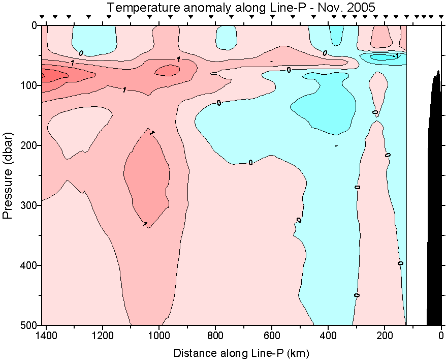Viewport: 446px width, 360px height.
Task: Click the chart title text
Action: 241,8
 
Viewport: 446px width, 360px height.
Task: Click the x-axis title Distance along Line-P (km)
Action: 241,352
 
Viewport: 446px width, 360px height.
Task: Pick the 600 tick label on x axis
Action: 272,336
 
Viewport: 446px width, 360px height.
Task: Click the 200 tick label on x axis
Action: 385,336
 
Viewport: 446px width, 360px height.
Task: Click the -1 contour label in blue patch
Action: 396,55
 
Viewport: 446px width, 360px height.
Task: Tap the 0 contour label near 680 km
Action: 250,163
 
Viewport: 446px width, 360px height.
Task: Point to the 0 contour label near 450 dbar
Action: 357,295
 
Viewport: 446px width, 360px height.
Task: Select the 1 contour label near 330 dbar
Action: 145,224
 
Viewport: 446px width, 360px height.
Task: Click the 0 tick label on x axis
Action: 441,336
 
